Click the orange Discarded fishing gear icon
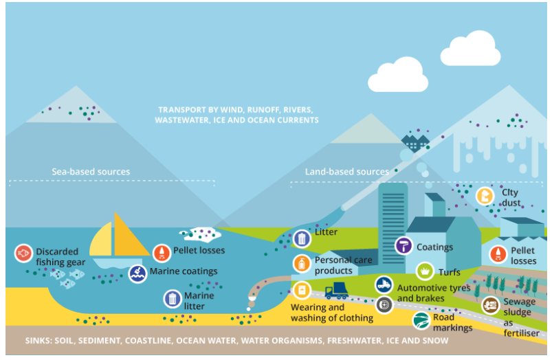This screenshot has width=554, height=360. (23, 254)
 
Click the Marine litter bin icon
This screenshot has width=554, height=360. (172, 299)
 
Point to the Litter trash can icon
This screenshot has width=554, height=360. (301, 238)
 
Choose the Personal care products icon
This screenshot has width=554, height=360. (301, 263)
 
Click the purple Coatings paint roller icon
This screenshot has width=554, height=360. (404, 246)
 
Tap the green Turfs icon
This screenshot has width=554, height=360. (424, 271)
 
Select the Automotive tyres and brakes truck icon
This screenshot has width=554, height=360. (384, 284)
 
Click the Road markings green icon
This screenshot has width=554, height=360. (421, 320)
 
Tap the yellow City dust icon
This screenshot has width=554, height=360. (485, 196)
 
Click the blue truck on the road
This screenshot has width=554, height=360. (336, 291)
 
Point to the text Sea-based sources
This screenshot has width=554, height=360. (91, 172)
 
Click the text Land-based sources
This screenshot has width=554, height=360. (346, 172)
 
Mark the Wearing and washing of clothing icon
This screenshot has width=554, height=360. (301, 290)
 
